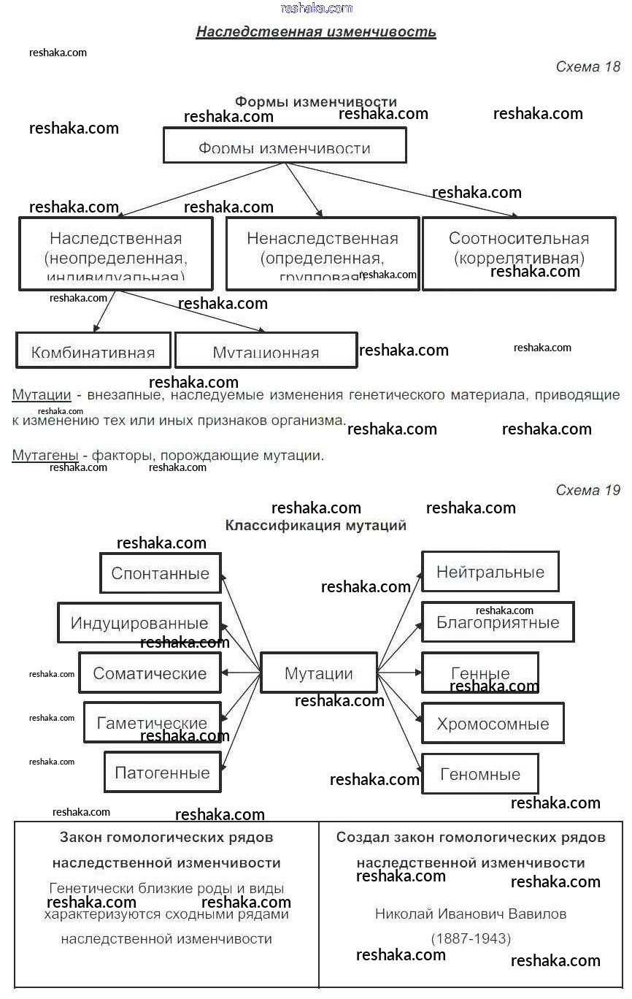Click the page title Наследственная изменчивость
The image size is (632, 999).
tap(316, 32)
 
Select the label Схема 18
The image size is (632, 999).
tap(587, 67)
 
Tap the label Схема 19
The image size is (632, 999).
tap(587, 490)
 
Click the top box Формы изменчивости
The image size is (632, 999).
tap(285, 146)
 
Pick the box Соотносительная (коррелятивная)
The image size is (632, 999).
tap(519, 253)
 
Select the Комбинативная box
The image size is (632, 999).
tap(93, 351)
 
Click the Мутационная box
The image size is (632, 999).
tap(266, 351)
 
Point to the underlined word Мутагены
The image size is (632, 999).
tap(45, 456)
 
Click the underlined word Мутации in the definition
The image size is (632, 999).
tap(42, 395)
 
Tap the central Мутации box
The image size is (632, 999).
tap(319, 673)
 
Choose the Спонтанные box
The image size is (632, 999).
tap(161, 573)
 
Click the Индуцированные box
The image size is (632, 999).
tap(139, 623)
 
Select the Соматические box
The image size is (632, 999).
tap(150, 673)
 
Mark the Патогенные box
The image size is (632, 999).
tap(162, 773)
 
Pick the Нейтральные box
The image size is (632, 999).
tap(490, 572)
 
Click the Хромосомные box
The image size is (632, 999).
tap(493, 724)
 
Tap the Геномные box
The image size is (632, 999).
tap(480, 774)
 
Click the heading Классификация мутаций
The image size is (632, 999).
tap(316, 525)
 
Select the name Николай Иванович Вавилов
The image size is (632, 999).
tap(471, 914)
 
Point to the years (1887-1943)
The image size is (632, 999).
tap(471, 938)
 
